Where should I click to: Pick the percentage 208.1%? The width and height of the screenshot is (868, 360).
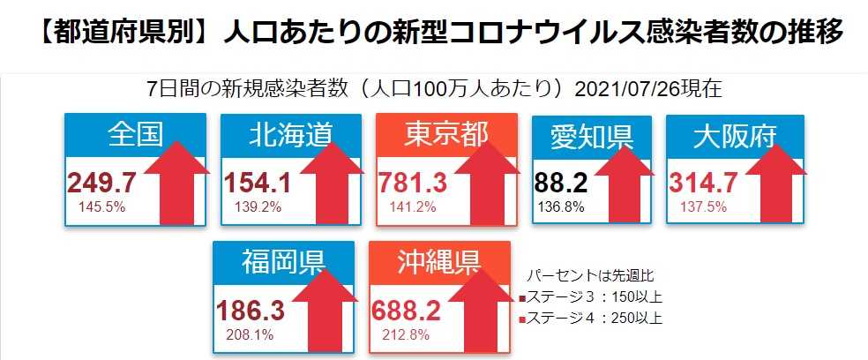pos(245,335)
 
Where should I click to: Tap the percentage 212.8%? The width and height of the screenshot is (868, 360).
pos(406,335)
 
